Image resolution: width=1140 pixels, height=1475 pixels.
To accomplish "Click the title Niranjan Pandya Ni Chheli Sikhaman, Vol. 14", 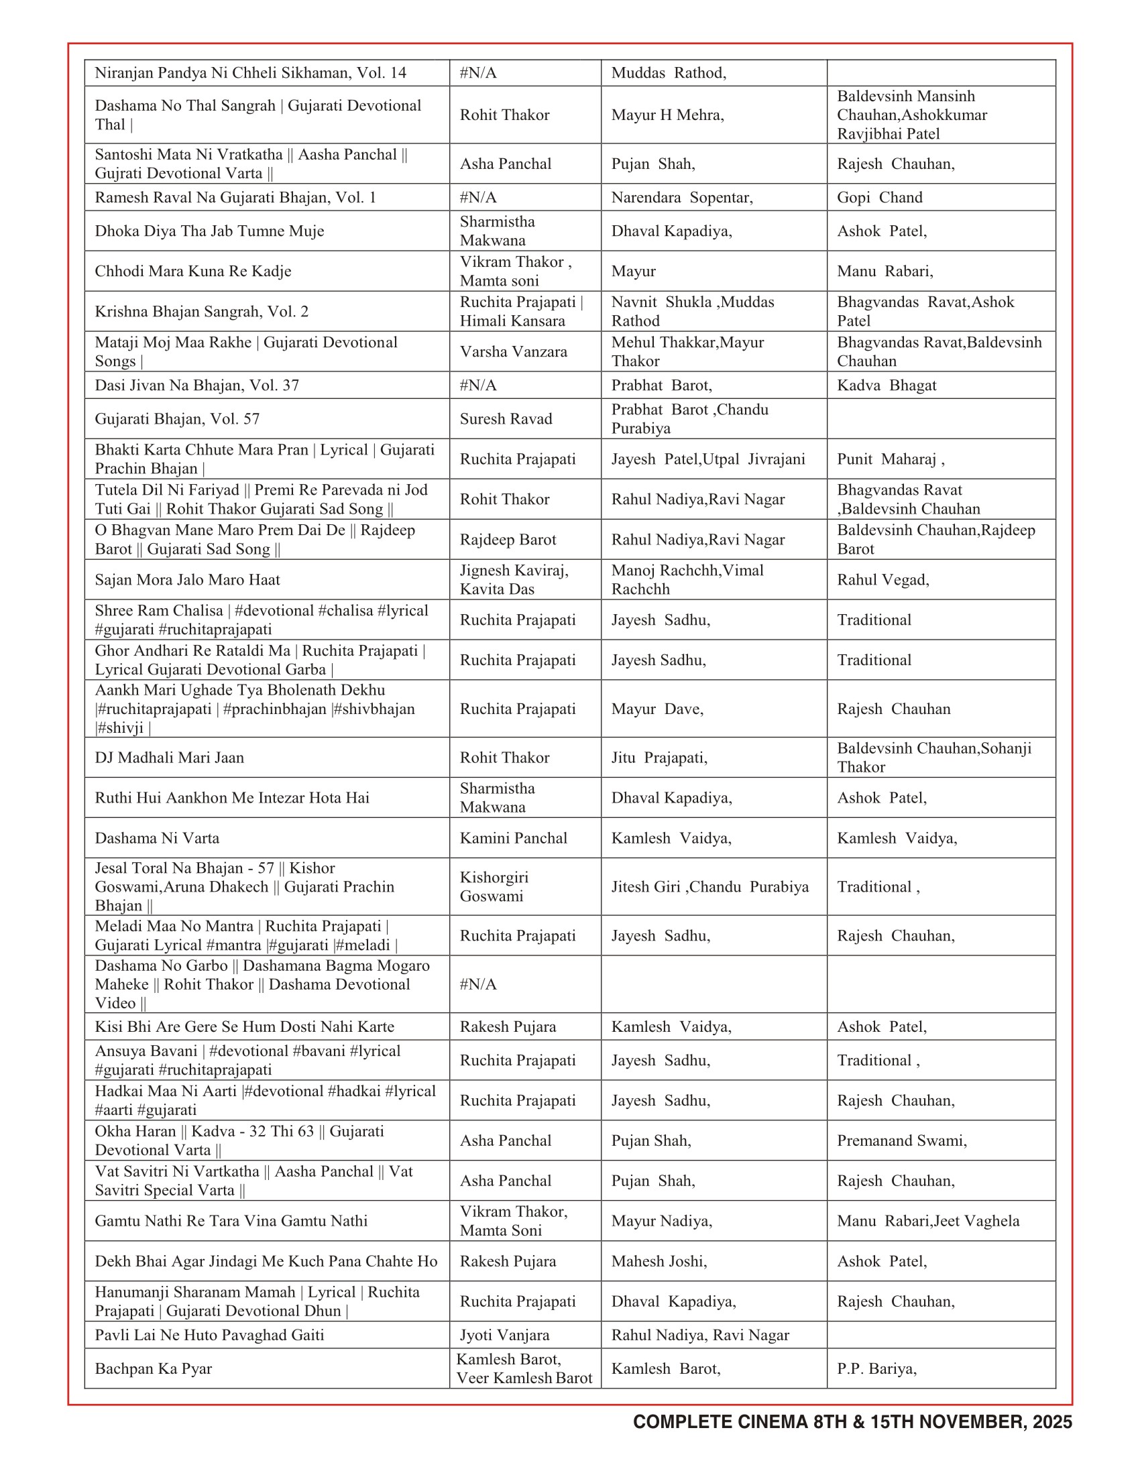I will [x=251, y=73].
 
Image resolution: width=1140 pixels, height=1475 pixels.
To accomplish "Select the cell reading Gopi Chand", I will [x=879, y=197].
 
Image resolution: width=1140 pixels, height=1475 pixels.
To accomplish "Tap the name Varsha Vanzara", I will [x=513, y=351].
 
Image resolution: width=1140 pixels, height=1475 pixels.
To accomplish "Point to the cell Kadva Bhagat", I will [x=886, y=385].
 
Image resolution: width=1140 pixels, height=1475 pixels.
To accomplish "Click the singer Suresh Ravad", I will [x=506, y=419].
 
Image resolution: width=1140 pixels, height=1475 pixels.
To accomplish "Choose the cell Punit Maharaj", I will [x=890, y=459].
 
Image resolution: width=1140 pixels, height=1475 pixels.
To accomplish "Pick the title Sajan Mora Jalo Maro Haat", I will [x=187, y=579].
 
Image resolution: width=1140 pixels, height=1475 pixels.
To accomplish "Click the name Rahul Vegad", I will [x=882, y=579].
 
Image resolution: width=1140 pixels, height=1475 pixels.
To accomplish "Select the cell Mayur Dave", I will [x=657, y=709].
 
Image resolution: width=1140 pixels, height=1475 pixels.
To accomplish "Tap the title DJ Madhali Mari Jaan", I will [x=170, y=757].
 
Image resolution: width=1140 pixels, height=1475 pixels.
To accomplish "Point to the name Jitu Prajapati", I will [x=659, y=757].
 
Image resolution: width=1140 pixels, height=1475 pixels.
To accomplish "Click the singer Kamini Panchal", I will [x=513, y=838].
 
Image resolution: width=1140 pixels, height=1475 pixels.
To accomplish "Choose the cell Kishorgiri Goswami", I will [x=494, y=887].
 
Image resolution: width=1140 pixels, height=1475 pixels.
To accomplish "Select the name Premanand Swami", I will [x=901, y=1140].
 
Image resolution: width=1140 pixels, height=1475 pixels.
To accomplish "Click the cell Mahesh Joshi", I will [x=659, y=1261].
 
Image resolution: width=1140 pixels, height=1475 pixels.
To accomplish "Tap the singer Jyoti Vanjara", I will [x=504, y=1334].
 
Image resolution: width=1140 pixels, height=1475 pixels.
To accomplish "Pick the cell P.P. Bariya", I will [x=876, y=1368].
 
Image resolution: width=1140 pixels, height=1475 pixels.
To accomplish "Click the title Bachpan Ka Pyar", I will [x=154, y=1368].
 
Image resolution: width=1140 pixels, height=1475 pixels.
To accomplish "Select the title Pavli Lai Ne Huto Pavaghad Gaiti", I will [x=209, y=1334].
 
